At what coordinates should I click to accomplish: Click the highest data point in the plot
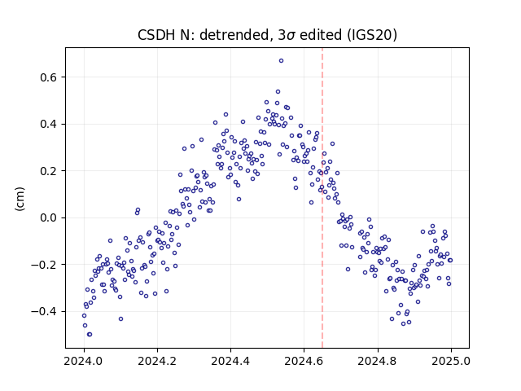281,61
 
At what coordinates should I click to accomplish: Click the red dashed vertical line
322,198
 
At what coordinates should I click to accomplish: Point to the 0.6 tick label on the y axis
49,77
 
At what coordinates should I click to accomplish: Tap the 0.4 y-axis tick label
49,125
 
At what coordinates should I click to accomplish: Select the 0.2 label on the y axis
49,171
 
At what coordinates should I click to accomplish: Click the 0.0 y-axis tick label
49,218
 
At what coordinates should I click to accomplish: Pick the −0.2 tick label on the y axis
44,265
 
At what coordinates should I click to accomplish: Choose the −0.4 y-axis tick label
44,312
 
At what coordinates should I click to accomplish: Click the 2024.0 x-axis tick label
84,361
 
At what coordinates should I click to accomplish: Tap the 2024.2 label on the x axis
157,361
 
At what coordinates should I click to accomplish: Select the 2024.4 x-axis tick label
230,361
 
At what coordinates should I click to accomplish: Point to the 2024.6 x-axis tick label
304,361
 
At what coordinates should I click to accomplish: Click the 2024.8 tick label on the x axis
378,361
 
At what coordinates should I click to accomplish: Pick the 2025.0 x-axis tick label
451,361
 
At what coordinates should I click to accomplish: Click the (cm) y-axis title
20,199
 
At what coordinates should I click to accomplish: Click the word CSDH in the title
157,35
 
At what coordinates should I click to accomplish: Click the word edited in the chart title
321,35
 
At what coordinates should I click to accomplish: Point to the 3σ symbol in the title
287,35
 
